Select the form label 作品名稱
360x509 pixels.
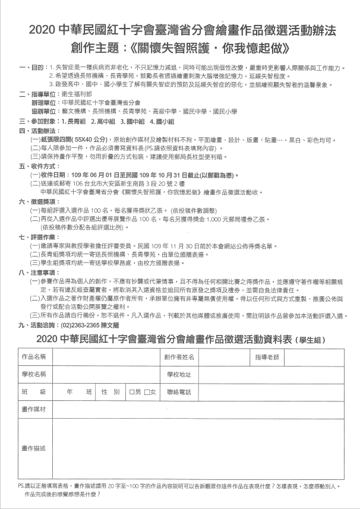tap(34, 357)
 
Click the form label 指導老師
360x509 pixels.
tap(266, 357)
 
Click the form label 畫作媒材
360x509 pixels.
tap(34, 410)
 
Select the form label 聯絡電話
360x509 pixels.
tap(179, 392)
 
